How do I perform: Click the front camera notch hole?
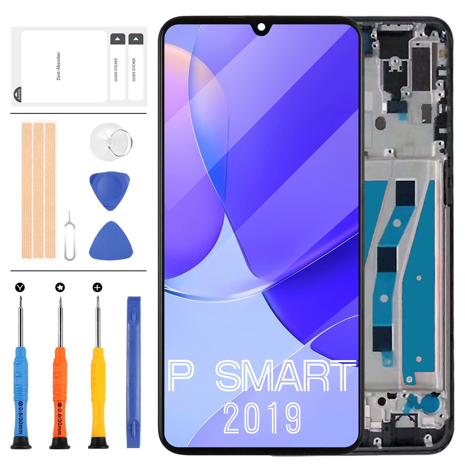click(261, 27)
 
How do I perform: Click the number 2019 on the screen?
click(262, 418)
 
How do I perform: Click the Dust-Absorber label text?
click(58, 66)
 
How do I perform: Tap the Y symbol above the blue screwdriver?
click(20, 287)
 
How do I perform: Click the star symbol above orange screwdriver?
click(60, 287)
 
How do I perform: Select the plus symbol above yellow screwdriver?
click(97, 287)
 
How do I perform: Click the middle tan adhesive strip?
click(38, 190)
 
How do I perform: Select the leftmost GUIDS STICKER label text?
click(116, 70)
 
